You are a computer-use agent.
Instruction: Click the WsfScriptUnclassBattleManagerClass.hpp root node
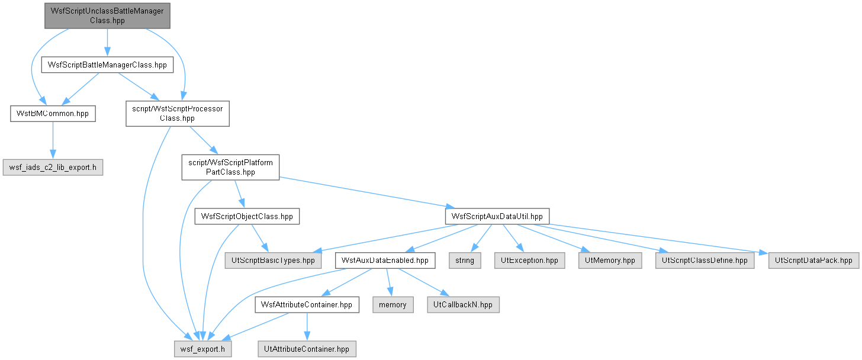(107, 16)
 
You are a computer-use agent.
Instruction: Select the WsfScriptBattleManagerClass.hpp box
(107, 65)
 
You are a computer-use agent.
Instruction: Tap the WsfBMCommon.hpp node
(53, 114)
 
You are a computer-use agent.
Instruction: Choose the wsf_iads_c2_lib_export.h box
(53, 168)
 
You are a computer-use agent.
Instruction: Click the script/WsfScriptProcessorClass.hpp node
(178, 114)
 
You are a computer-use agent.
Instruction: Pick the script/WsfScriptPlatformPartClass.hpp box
(230, 168)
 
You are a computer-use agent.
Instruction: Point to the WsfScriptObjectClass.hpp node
(247, 216)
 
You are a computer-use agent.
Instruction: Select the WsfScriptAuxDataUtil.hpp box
(497, 216)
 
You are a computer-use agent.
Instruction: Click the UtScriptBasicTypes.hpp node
(274, 261)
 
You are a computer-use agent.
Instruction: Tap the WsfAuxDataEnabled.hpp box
(385, 261)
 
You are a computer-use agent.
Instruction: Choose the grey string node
(465, 261)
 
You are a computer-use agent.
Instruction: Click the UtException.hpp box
(529, 261)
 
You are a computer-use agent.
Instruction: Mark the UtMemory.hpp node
(610, 261)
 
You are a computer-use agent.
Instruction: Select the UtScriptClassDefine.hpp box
(705, 261)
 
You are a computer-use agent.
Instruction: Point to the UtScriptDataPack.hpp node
(813, 261)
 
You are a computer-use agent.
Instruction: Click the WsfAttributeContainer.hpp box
(307, 305)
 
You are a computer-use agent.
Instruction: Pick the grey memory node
(393, 305)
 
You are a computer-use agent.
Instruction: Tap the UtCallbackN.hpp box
(463, 305)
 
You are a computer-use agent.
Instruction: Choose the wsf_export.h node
(203, 349)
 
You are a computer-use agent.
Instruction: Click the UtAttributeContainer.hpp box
(307, 349)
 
